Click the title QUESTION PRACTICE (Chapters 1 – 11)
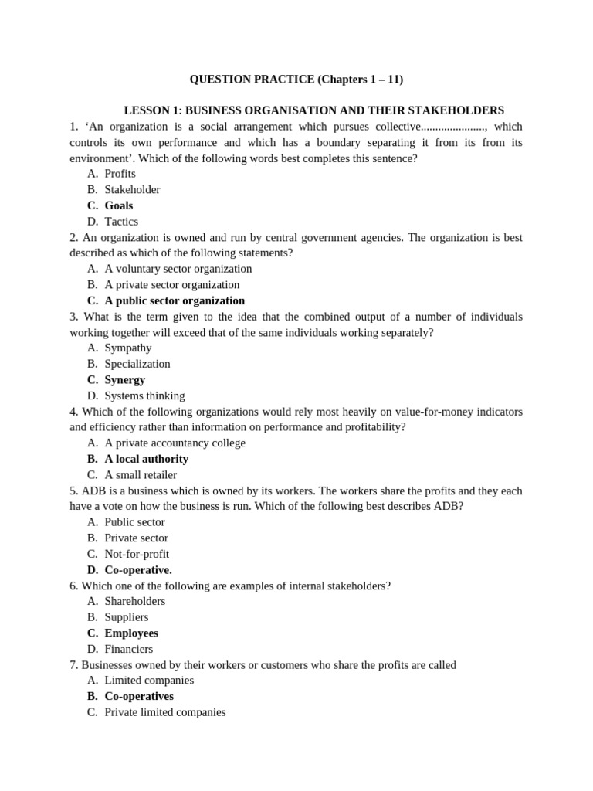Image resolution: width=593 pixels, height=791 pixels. click(296, 79)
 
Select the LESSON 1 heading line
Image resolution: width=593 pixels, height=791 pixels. click(313, 110)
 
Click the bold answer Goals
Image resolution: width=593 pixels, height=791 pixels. click(119, 205)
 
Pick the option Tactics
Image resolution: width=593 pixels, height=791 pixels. click(121, 222)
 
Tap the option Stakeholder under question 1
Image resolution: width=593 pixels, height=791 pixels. click(132, 189)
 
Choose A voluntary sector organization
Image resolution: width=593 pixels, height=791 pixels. click(178, 269)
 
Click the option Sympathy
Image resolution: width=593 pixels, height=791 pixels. click(128, 348)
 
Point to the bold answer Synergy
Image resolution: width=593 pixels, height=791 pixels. click(124, 379)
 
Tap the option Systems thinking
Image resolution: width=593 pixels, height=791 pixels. click(144, 395)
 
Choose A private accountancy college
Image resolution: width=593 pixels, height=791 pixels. click(175, 443)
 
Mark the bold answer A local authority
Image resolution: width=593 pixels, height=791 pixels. click(146, 459)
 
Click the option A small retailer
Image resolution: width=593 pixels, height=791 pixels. click(141, 474)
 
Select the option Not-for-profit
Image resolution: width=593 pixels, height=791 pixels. click(137, 554)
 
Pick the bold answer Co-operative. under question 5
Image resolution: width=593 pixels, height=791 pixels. click(138, 570)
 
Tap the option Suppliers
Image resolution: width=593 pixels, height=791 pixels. click(127, 617)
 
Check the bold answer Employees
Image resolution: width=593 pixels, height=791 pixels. click(131, 633)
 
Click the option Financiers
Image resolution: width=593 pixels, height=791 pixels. click(129, 649)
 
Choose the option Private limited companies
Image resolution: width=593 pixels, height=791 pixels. click(165, 712)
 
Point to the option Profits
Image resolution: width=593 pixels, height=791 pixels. click(120, 174)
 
